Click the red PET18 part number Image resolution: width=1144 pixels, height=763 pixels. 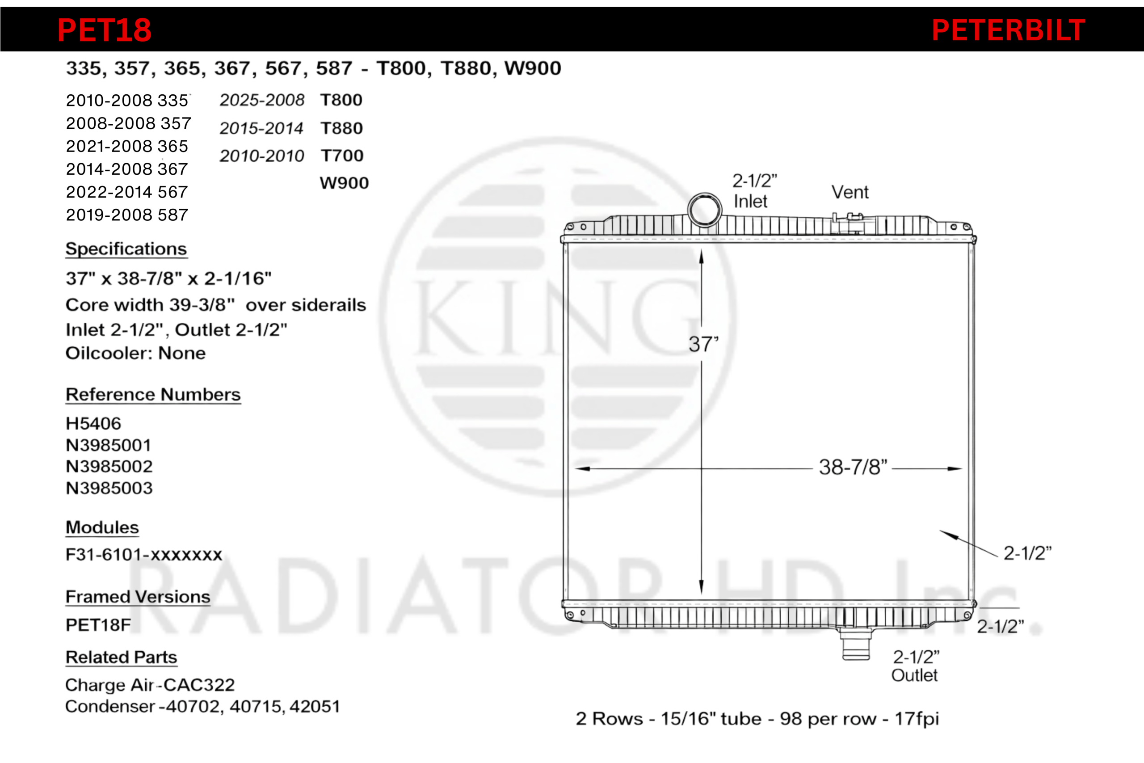pos(105,30)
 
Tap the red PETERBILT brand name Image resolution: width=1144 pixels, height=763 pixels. pos(1008,30)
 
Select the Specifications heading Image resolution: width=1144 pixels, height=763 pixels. pos(126,249)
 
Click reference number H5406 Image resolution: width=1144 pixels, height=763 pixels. pos(93,423)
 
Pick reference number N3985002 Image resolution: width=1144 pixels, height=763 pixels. pos(109,466)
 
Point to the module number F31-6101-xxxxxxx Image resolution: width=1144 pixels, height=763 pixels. pos(144,554)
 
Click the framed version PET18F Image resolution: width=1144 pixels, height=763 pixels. pos(98,625)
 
